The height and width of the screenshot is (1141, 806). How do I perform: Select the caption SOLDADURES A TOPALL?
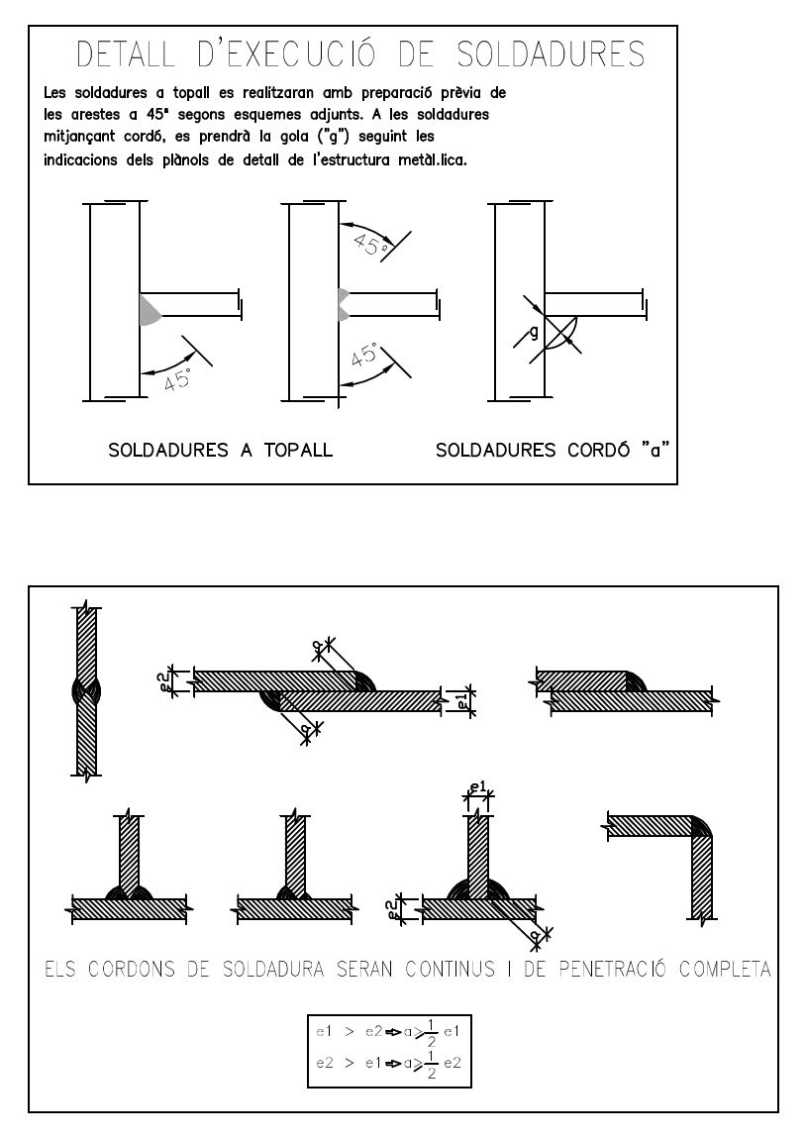point(220,450)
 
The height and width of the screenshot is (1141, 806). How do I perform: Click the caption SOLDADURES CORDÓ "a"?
point(553,450)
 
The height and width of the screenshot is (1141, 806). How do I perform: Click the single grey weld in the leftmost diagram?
point(149,310)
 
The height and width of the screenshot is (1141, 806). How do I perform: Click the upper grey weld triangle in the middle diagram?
point(343,294)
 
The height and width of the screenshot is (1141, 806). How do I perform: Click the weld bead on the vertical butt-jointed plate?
point(86,690)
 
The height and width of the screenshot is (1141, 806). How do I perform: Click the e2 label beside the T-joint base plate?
point(392,909)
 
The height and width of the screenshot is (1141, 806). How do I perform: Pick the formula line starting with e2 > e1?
point(388,1063)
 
